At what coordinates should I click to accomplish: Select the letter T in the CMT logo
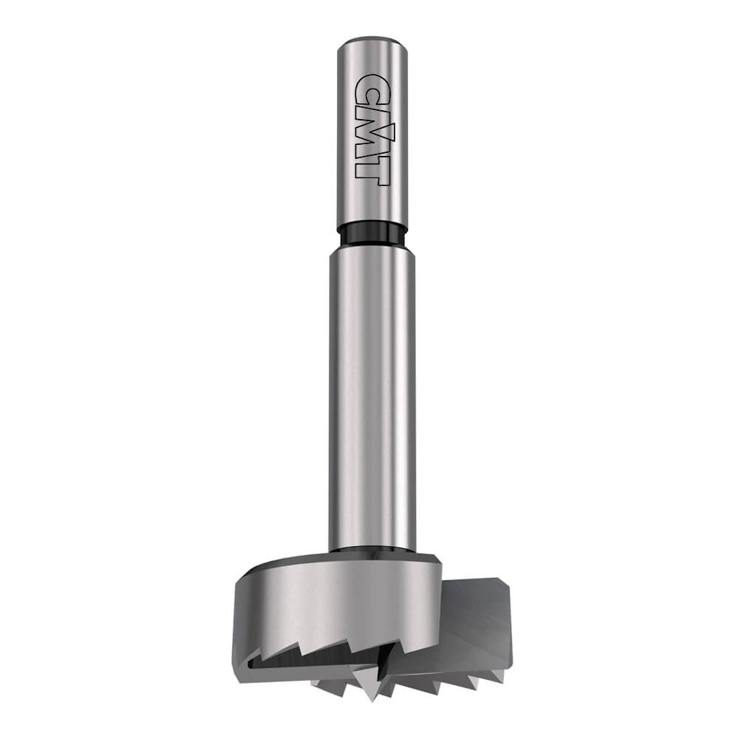point(368,169)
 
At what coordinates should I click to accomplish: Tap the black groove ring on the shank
point(371,235)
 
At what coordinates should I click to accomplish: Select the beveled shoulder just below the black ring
point(372,253)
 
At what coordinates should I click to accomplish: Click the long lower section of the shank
point(372,401)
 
